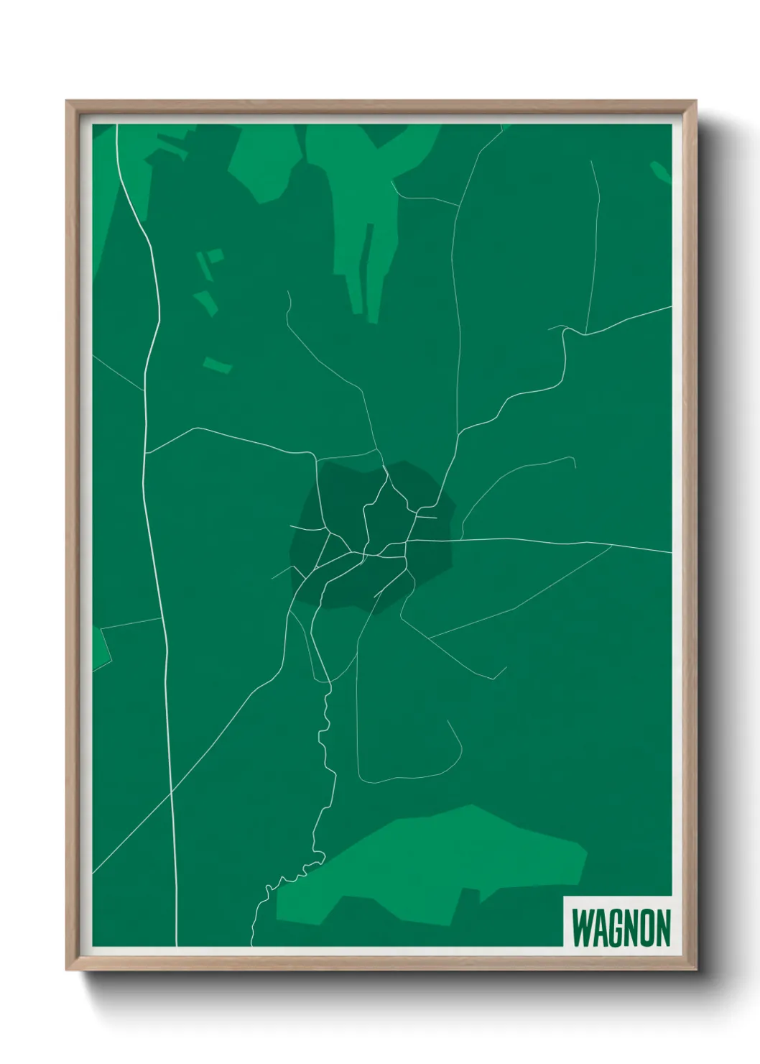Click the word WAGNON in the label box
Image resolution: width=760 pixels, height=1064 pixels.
pyautogui.click(x=621, y=928)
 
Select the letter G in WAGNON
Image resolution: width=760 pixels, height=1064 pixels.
pyautogui.click(x=615, y=928)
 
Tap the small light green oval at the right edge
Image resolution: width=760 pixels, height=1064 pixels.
pyautogui.click(x=659, y=171)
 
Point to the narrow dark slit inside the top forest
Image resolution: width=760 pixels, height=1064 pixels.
pyautogui.click(x=368, y=259)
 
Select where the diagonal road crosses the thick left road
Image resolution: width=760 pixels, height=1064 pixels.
pyautogui.click(x=172, y=791)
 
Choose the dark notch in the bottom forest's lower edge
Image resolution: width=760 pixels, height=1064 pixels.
pyautogui.click(x=471, y=894)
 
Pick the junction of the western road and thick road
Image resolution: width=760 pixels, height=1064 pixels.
pyautogui.click(x=146, y=453)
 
